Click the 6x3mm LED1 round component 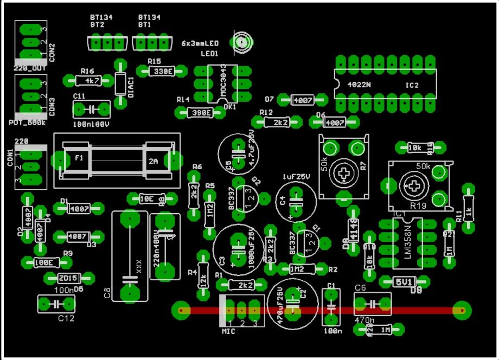click(241, 42)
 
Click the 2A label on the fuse click(152, 160)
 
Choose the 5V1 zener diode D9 click(402, 282)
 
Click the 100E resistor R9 click(44, 262)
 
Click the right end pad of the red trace click(462, 311)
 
